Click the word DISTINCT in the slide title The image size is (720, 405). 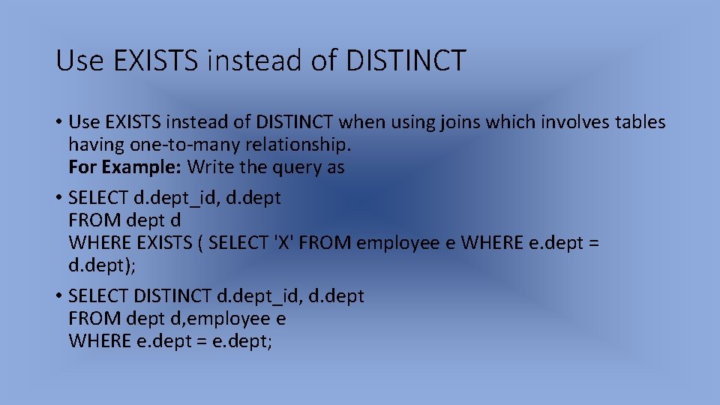(x=406, y=60)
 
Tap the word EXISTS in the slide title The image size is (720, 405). (x=158, y=60)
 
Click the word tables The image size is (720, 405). (x=637, y=121)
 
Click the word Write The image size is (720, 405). (x=211, y=166)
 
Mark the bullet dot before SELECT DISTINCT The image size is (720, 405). (x=58, y=296)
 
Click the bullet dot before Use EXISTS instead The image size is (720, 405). (x=58, y=121)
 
